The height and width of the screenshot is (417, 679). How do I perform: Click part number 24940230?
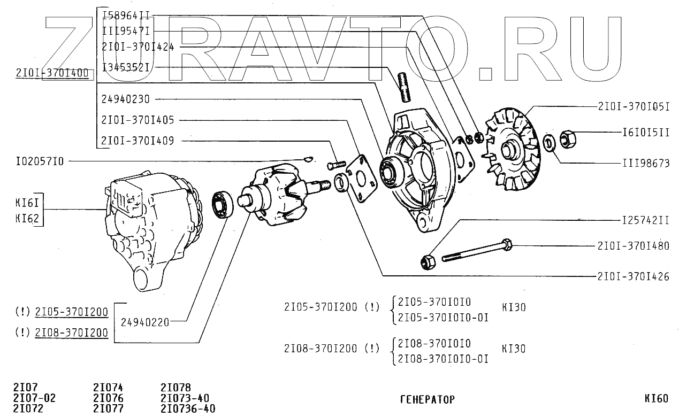[125, 99]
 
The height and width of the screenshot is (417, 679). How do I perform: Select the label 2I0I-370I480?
[633, 246]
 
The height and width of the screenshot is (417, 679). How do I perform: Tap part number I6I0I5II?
[646, 132]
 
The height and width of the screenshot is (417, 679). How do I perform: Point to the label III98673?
[646, 163]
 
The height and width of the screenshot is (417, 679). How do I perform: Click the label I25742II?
[646, 220]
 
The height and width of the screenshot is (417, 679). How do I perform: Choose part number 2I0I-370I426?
[633, 276]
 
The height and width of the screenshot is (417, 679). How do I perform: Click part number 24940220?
[145, 322]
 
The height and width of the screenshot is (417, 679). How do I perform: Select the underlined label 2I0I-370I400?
[52, 73]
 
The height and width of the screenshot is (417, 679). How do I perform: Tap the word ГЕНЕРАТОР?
[427, 399]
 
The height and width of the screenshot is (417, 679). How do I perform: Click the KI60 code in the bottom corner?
[656, 398]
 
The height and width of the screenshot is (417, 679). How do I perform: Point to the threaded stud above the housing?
[405, 87]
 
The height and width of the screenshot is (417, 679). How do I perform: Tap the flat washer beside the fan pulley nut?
[548, 143]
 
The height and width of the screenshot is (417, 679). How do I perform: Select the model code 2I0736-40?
[188, 409]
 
